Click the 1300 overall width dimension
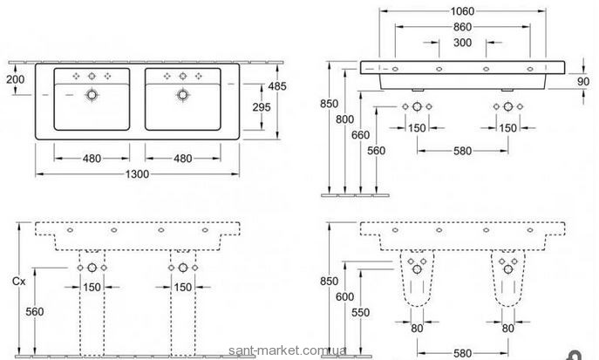pos(137,174)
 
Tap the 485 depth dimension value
pos(276,86)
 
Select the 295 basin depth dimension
pos(262,107)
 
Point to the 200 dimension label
pos(16,79)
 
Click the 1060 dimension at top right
pos(462,11)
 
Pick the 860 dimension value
pos(463,27)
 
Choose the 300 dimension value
pos(463,43)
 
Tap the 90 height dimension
pos(583,81)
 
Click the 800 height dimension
pos(344,119)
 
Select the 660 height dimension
pos(361,135)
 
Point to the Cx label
pos(18,282)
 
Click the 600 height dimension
pos(344,296)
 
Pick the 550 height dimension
pos(361,312)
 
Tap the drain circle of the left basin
pos(92,95)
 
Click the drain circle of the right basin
pos(182,95)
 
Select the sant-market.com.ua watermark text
pos(288,350)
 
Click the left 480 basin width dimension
pos(92,158)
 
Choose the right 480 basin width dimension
pos(182,158)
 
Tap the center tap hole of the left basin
pos(92,77)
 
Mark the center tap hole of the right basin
pos(182,77)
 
